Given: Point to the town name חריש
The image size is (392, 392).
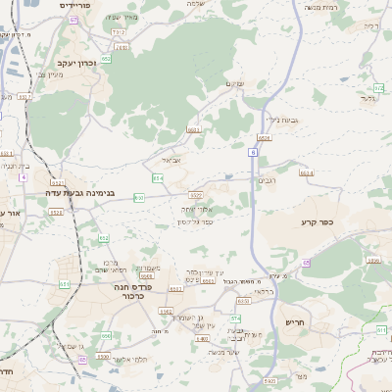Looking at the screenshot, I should tap(296, 322).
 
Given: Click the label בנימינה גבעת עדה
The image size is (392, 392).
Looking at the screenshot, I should tap(80, 193).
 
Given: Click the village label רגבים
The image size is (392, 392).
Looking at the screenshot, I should tap(268, 180).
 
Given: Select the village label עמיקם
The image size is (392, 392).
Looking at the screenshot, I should tap(233, 83).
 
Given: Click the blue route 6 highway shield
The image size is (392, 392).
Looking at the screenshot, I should tap(253, 153).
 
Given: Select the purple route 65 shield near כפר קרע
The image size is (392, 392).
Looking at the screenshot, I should tap(306, 262).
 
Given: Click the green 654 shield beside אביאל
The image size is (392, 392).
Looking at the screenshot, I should tap(158, 178).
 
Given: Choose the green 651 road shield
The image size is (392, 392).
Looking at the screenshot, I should tap(64, 284).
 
